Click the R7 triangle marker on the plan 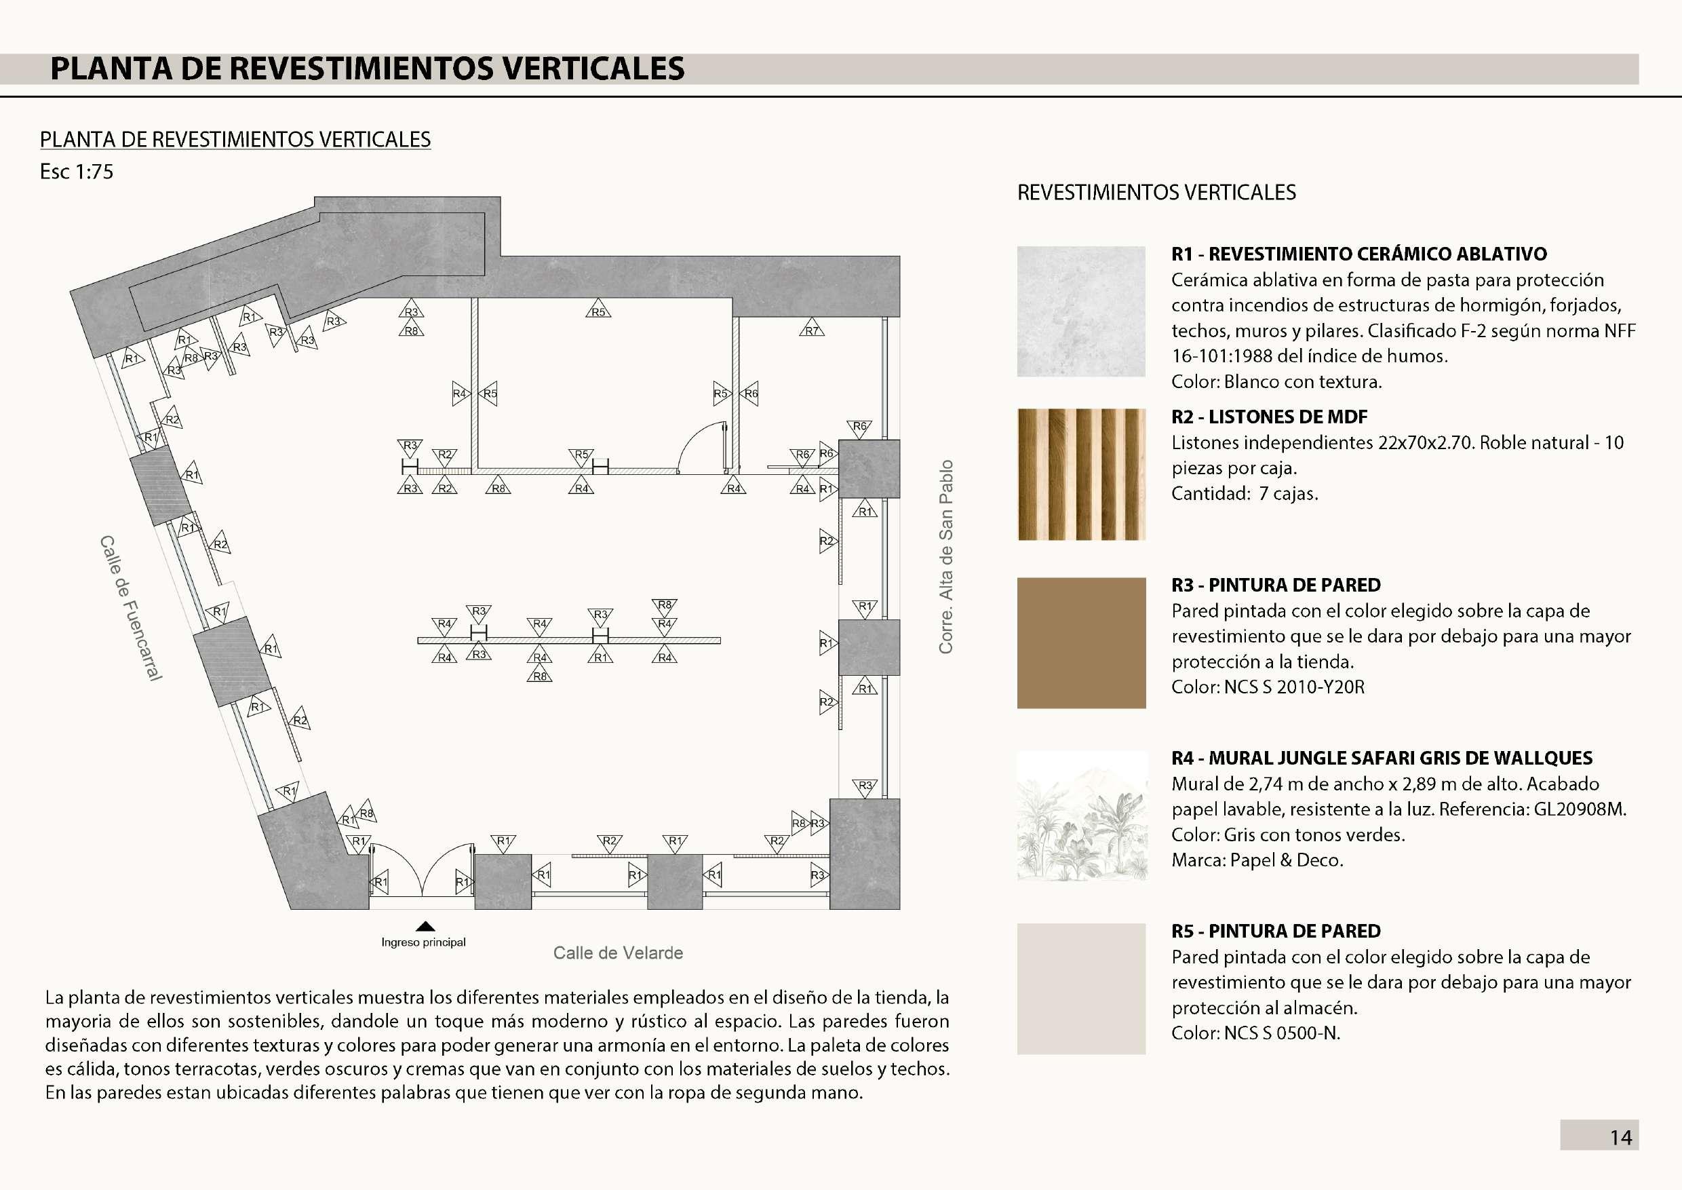pos(811,329)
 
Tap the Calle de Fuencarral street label pos(130,607)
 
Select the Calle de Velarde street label pos(618,953)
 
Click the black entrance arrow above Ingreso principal pos(425,925)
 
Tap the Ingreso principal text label pos(423,942)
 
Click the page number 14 pos(1620,1137)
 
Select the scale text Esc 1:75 pos(76,172)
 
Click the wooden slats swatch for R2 pos(1080,474)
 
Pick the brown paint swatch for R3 pos(1080,642)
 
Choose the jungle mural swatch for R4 pos(1080,815)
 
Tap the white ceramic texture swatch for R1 pos(1080,311)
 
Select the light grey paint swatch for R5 pos(1080,989)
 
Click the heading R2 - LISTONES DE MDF pos(1269,417)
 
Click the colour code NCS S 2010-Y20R pos(1294,687)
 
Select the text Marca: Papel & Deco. pos(1257,860)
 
